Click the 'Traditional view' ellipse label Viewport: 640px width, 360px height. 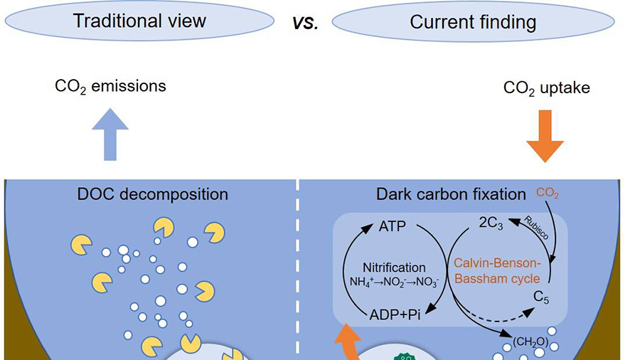click(139, 21)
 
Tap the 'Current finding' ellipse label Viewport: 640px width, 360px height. click(473, 22)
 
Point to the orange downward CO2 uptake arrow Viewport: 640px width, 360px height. click(545, 135)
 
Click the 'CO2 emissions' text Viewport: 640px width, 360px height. click(110, 87)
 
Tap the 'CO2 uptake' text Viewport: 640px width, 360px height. click(546, 88)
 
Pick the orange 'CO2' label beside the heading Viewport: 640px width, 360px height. click(548, 193)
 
